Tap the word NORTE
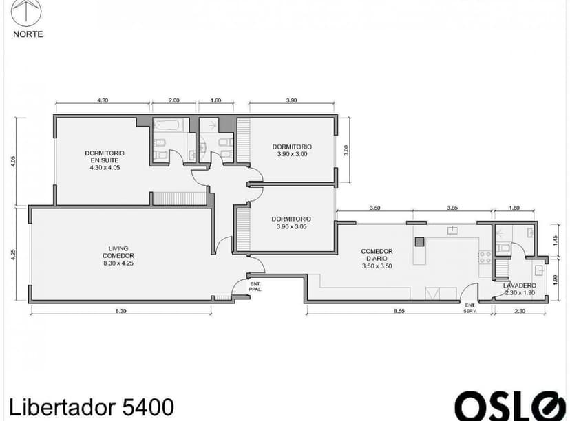pos(28,34)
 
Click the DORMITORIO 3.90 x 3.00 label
pos(292,150)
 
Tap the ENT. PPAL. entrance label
pos(255,286)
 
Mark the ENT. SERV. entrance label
pos(471,308)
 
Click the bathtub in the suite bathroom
pos(167,126)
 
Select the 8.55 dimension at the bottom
pos(399,312)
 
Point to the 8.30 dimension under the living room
pos(120,312)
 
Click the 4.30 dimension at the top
pos(103,100)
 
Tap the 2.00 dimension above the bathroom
pos(173,100)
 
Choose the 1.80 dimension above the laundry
pos(514,207)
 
